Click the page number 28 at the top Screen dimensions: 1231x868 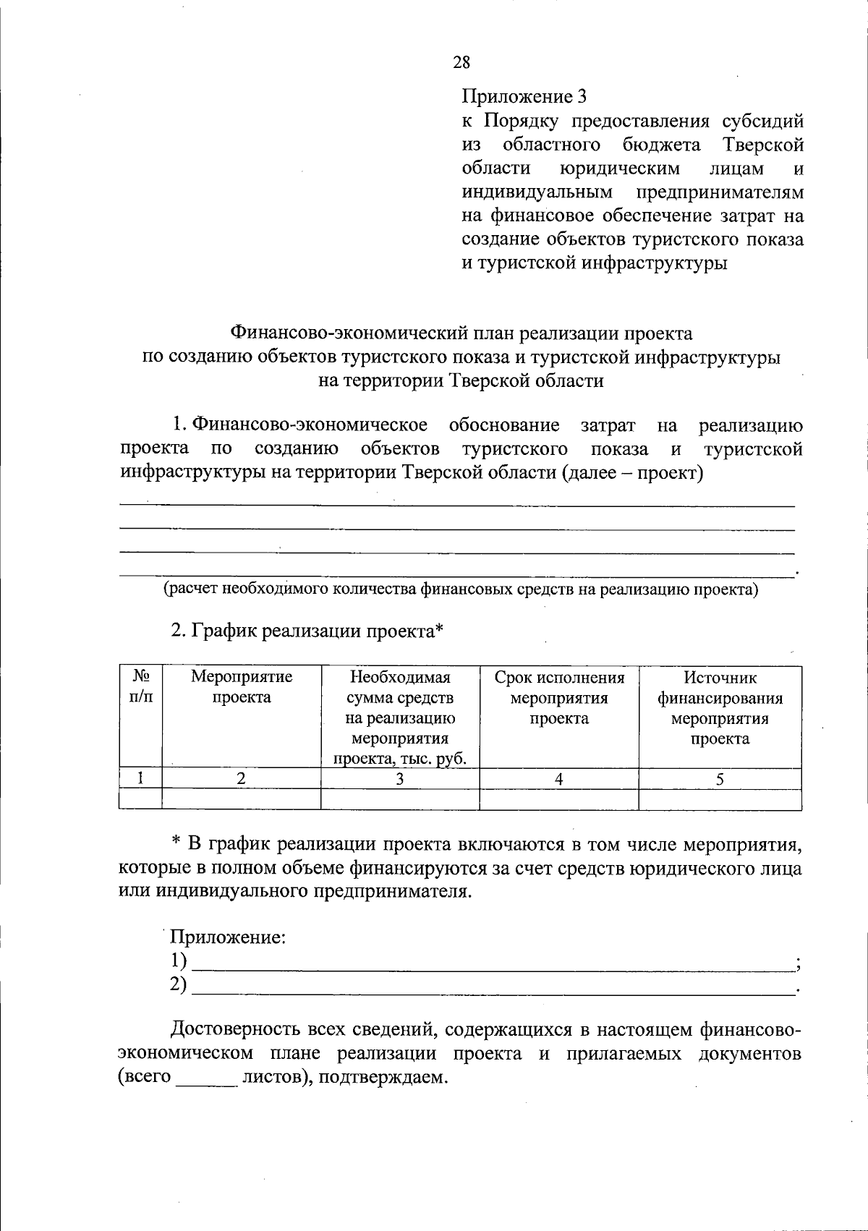click(461, 62)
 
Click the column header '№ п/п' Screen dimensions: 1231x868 click(141, 687)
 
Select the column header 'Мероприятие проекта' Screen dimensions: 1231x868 click(242, 687)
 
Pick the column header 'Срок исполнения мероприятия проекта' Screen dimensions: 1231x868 click(559, 698)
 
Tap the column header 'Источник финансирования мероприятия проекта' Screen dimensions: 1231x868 click(720, 708)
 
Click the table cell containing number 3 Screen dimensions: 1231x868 click(399, 779)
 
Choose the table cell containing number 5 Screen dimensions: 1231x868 click(720, 779)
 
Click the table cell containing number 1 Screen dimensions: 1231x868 click(141, 779)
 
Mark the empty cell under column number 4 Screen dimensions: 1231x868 click(559, 799)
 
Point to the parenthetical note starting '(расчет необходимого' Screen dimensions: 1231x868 click(461, 589)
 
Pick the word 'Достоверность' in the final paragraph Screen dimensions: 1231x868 click(233, 1029)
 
